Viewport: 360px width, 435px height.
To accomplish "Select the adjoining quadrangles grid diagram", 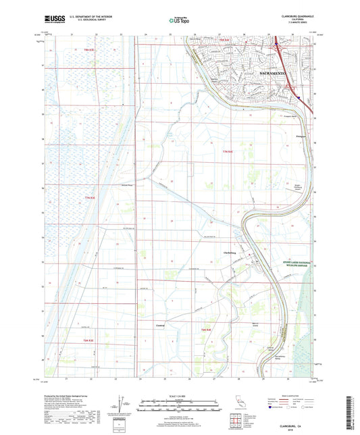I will [236, 421].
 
